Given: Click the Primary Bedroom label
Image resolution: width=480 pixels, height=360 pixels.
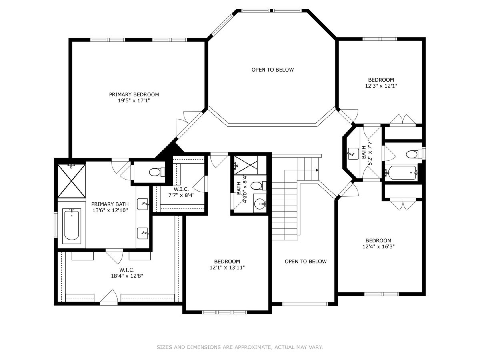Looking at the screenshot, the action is (x=134, y=94).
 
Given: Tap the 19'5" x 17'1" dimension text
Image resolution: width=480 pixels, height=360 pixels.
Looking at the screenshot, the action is (x=134, y=100).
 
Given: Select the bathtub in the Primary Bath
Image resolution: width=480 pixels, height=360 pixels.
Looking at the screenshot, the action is (x=72, y=226).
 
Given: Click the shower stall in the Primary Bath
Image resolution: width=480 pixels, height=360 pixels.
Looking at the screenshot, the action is (x=72, y=181).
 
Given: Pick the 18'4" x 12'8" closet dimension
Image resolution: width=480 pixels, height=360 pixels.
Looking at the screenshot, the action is (x=127, y=276).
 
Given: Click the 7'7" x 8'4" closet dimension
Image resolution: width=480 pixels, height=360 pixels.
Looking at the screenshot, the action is (x=181, y=195).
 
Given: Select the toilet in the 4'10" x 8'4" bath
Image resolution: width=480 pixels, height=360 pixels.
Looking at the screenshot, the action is (x=258, y=186).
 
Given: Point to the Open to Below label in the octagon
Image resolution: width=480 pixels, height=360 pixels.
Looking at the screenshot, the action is (x=272, y=70).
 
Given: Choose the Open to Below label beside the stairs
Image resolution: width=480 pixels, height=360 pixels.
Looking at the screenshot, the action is (x=306, y=262).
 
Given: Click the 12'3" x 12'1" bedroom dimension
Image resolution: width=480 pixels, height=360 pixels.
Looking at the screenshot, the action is (x=381, y=86).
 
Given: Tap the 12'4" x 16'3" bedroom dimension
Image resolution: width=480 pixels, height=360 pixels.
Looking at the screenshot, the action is (x=378, y=246).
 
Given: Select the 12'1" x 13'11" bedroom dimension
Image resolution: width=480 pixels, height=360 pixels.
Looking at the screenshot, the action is (x=227, y=267).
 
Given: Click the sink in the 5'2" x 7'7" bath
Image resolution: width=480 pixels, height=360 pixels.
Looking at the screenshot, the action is (x=353, y=154).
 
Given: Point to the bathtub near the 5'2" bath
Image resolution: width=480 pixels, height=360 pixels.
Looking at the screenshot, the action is (x=401, y=173).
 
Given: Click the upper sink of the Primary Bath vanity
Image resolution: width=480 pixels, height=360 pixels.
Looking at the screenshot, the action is (x=142, y=204).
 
